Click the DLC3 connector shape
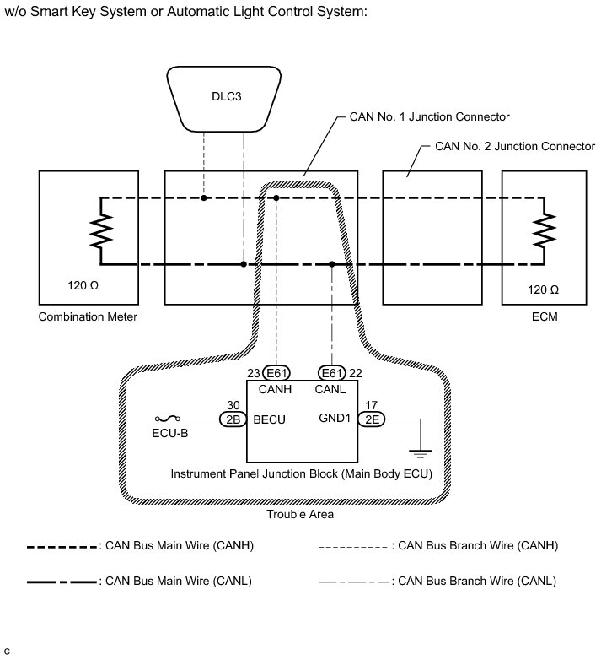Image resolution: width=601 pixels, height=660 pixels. click(225, 96)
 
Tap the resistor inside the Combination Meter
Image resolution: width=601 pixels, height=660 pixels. click(101, 231)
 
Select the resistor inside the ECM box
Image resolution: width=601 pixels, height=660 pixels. click(545, 231)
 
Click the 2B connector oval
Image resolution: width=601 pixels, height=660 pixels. click(231, 418)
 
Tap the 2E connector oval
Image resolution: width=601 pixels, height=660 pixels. click(372, 418)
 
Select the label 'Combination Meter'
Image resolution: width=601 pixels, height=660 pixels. click(88, 317)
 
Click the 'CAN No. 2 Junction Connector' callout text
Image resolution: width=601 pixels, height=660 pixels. click(514, 145)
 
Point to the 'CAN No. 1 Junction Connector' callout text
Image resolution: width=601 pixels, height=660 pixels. click(429, 116)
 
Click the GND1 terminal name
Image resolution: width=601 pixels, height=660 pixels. click(335, 418)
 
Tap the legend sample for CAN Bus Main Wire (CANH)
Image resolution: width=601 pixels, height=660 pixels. click(62, 546)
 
